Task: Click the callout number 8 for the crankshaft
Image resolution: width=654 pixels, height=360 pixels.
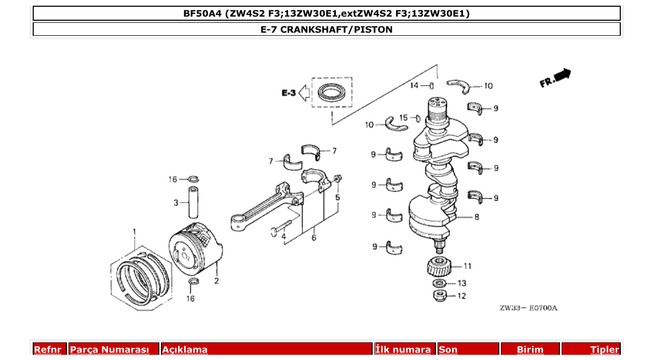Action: [476, 217]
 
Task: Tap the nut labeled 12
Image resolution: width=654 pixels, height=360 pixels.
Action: [440, 296]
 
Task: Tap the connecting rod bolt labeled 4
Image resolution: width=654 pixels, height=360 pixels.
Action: [279, 228]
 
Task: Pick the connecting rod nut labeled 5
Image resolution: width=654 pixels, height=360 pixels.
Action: [337, 180]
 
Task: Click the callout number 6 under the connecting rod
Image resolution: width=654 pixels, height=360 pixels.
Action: [314, 238]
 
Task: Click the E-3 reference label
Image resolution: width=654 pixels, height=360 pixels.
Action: [289, 93]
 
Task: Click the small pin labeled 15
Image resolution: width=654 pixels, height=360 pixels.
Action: [418, 118]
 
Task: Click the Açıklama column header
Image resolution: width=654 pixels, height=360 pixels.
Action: [185, 350]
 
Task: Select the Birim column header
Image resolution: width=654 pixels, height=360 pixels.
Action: [530, 350]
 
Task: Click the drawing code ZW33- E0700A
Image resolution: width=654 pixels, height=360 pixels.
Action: [528, 308]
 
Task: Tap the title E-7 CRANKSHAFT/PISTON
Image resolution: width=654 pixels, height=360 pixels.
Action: [326, 30]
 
